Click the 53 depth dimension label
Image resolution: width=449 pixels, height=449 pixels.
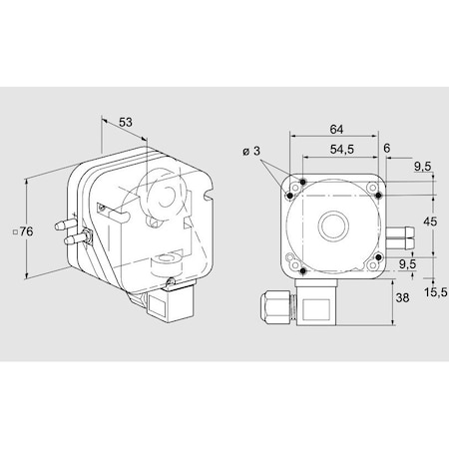[x=125, y=122]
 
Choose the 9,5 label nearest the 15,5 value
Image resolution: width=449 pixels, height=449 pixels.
[x=406, y=265]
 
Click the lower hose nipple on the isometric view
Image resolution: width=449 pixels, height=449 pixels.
[x=71, y=240]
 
